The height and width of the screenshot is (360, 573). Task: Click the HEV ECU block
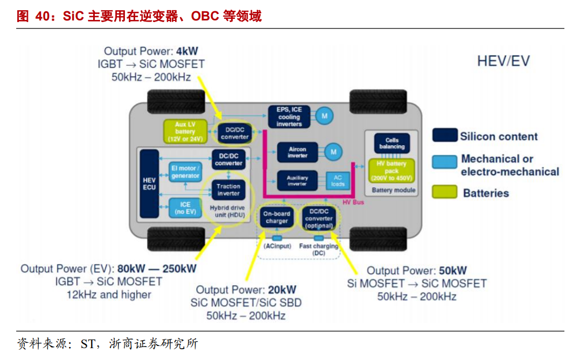coord(149,183)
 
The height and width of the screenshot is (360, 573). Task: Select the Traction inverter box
coord(228,189)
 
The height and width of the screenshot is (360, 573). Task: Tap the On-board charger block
coord(276,217)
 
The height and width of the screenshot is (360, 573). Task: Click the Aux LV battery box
coord(185,131)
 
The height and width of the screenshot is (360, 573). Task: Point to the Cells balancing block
coord(392,143)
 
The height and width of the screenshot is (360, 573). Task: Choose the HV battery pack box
coord(392,171)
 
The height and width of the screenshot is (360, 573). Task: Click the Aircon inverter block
coord(297,152)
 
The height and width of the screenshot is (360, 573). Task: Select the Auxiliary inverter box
coord(297,180)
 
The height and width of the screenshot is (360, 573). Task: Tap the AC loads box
coord(338,180)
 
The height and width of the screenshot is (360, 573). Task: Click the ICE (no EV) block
coord(185,208)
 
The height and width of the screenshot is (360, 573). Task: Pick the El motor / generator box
coord(185,172)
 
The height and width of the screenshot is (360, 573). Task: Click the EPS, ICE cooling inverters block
coord(289,116)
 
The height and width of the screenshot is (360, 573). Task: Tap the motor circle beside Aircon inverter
coord(333,152)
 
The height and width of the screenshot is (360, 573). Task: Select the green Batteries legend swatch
coord(444,192)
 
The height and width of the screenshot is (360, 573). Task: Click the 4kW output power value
coord(187,51)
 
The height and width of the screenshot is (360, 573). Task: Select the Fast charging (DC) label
coord(319,249)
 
